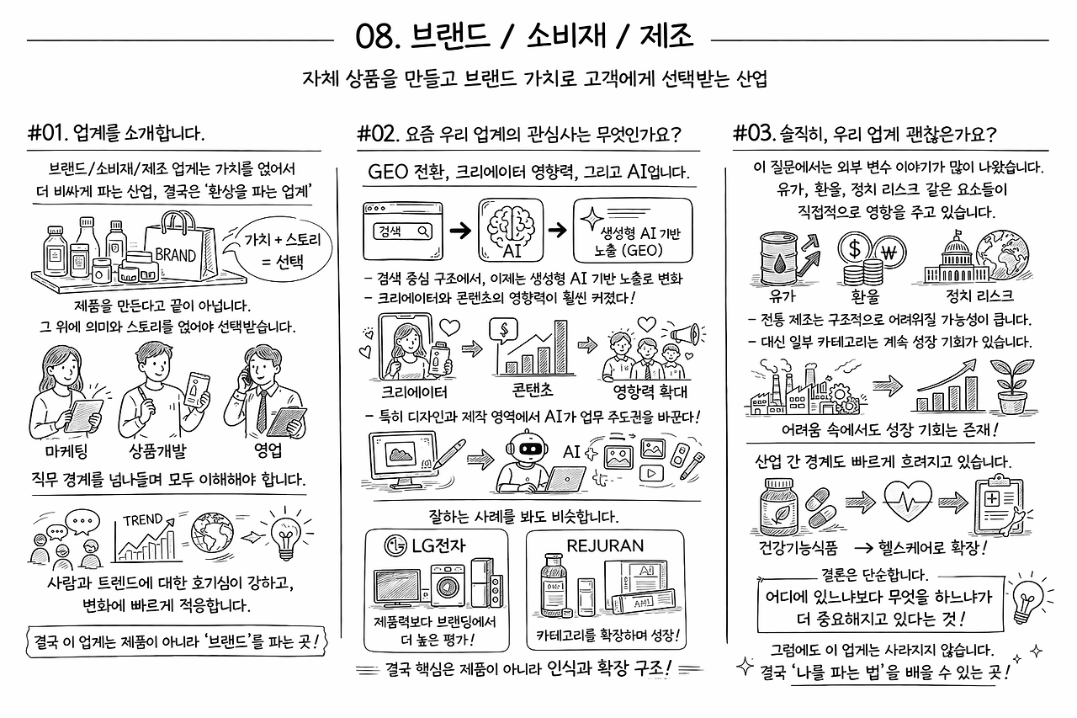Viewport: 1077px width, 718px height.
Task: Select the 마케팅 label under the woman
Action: (x=66, y=451)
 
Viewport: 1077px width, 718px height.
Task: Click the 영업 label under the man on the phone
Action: (x=268, y=450)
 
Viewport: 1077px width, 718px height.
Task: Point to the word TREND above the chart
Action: (x=143, y=520)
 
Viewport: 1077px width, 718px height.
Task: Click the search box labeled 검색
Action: (x=402, y=231)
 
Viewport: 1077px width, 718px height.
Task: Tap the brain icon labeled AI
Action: (x=511, y=230)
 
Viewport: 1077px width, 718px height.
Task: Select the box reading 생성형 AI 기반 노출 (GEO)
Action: (x=633, y=231)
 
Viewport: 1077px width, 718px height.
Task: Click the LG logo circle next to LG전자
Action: (x=396, y=545)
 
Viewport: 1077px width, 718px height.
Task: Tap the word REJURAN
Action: (x=605, y=545)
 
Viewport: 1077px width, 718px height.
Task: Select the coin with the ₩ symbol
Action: (x=889, y=253)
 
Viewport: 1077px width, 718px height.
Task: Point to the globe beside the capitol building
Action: (x=1004, y=254)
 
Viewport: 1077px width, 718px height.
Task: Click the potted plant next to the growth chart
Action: (x=1012, y=386)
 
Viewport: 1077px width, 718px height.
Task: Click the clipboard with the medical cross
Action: (x=998, y=504)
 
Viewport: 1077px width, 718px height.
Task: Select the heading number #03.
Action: (x=753, y=133)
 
